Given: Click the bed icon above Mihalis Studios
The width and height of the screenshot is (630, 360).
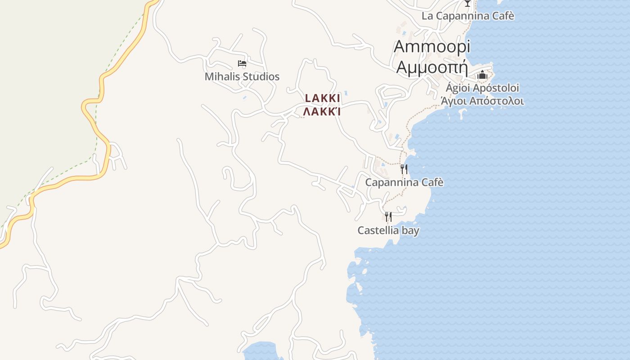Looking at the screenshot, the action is (242, 63).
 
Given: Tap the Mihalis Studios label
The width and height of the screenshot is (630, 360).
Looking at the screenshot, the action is (242, 76).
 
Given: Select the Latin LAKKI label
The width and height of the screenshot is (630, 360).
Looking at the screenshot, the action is (323, 98).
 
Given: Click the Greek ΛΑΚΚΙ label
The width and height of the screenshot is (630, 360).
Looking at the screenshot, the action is (322, 111).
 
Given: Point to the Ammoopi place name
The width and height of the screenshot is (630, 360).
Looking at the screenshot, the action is (432, 46).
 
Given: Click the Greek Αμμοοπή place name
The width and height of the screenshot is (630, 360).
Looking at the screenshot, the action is (432, 67).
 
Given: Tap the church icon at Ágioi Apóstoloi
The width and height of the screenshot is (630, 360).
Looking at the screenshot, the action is (482, 75).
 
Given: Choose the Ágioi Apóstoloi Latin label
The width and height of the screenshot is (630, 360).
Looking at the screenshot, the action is (482, 88).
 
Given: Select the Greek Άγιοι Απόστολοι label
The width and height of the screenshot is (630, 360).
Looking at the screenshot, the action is (482, 101).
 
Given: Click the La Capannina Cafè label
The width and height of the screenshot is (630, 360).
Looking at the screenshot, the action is (468, 16).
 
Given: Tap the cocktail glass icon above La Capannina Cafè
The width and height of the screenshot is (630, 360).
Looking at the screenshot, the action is (468, 3).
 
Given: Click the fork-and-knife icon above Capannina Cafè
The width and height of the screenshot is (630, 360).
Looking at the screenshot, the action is (404, 169).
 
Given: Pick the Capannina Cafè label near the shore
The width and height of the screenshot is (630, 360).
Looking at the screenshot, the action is (404, 182).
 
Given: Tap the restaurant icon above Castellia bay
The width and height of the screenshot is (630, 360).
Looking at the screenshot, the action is (388, 217).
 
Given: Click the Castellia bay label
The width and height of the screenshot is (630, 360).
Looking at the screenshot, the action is (388, 230).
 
